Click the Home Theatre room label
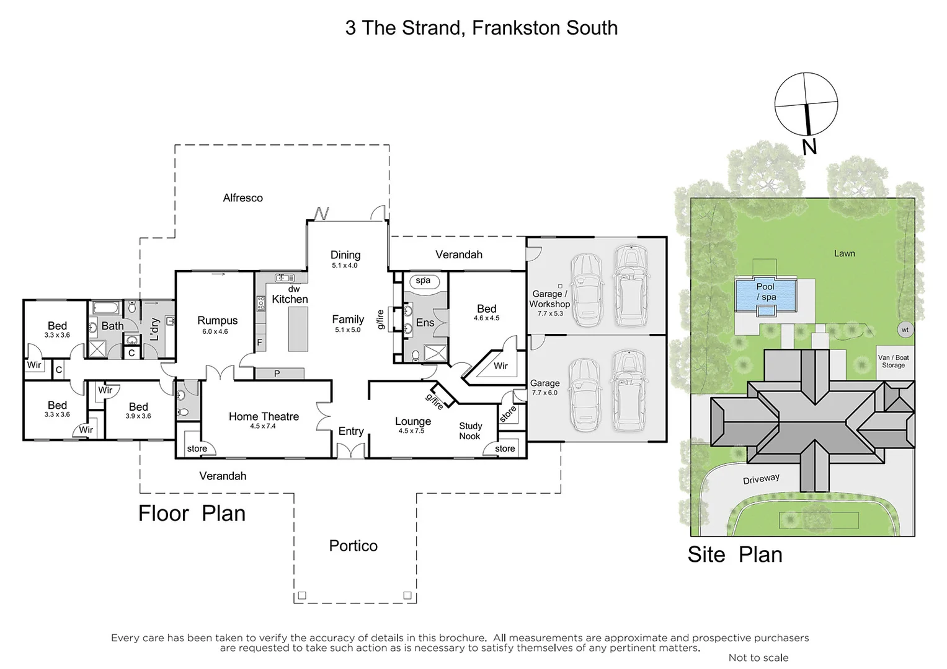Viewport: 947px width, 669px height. (264, 417)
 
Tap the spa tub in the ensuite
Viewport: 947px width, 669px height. (424, 281)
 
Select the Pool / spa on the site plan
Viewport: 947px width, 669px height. (765, 292)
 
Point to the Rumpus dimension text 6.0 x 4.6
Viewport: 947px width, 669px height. (215, 331)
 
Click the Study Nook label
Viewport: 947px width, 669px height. (470, 431)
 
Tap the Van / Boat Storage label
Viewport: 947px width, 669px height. (893, 362)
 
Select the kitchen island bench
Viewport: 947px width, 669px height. (298, 328)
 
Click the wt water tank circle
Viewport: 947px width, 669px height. (905, 330)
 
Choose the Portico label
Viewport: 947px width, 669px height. (353, 546)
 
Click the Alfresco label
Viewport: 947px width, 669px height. (242, 198)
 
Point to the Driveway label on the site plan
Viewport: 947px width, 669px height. (761, 479)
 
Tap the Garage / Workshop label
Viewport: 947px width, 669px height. (549, 299)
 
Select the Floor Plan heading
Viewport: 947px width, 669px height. (192, 514)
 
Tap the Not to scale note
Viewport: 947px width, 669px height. (758, 658)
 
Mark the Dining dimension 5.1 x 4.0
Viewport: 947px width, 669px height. (345, 266)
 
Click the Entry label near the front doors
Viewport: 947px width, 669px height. (351, 432)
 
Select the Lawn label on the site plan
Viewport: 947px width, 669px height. (844, 253)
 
